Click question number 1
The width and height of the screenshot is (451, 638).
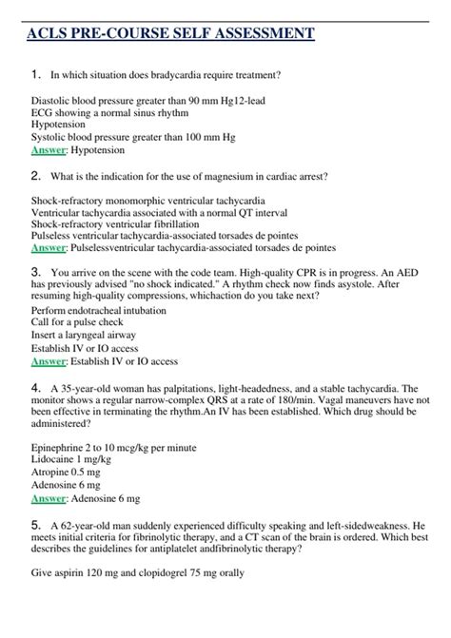pos(35,74)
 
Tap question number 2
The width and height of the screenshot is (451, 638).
pos(35,175)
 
